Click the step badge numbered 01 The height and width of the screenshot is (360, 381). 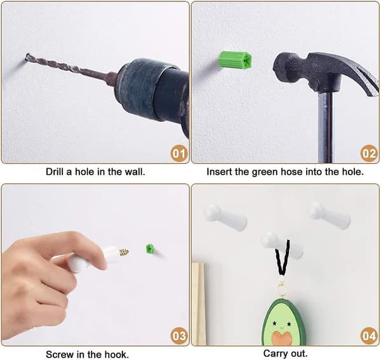tap(179, 153)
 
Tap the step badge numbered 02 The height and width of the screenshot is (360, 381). tap(369, 153)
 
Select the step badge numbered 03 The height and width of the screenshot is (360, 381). tap(179, 336)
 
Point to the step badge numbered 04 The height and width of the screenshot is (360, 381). tap(369, 336)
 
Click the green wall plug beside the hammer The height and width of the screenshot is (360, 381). tap(236, 60)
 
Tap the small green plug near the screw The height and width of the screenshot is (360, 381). tap(150, 249)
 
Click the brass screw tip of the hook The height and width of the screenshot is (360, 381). tap(124, 253)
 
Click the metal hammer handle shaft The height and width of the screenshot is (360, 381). tap(326, 126)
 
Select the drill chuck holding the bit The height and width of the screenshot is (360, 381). tap(146, 89)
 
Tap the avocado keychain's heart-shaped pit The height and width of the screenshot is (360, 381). tap(282, 338)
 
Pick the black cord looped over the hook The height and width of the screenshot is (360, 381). tap(283, 258)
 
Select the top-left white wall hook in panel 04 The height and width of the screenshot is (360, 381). tap(225, 217)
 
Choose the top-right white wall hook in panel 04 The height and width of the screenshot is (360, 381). tap(330, 215)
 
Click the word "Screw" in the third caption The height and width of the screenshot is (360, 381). tap(60, 354)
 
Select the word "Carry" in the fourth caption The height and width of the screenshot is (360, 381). tap(274, 354)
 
